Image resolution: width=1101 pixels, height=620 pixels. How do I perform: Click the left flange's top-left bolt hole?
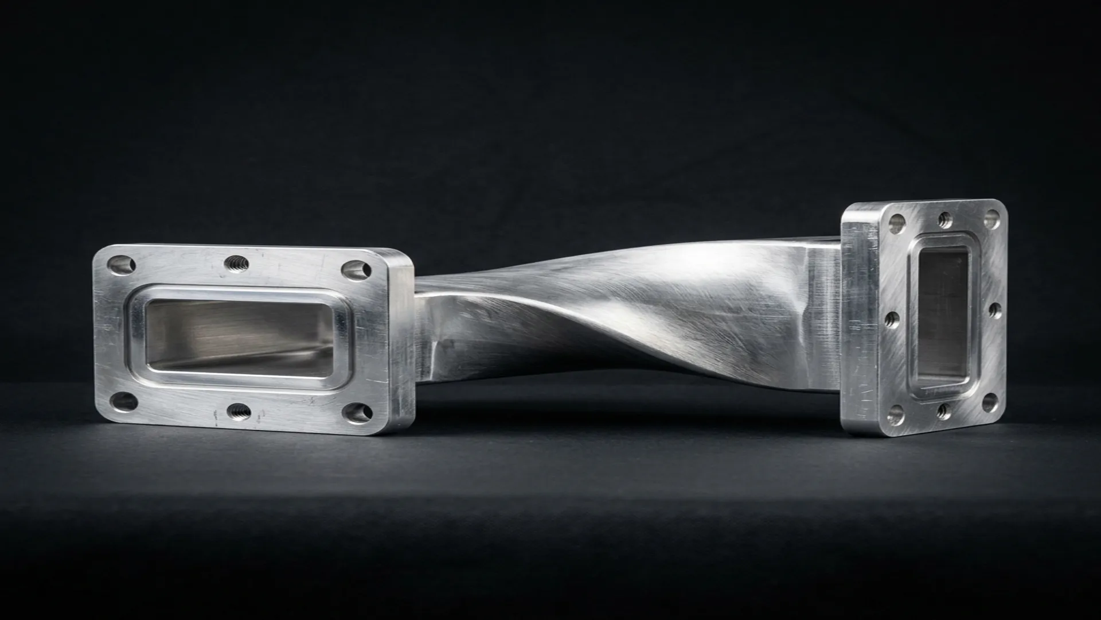point(122,265)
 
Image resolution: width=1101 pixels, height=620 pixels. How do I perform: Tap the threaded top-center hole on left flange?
point(236,264)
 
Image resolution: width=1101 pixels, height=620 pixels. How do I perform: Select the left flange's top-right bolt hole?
point(357,269)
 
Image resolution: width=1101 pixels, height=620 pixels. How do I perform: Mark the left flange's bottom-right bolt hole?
point(359,413)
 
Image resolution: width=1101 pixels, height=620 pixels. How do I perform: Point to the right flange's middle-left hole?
point(892,319)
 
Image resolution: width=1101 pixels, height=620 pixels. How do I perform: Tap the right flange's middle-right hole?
point(995,311)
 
